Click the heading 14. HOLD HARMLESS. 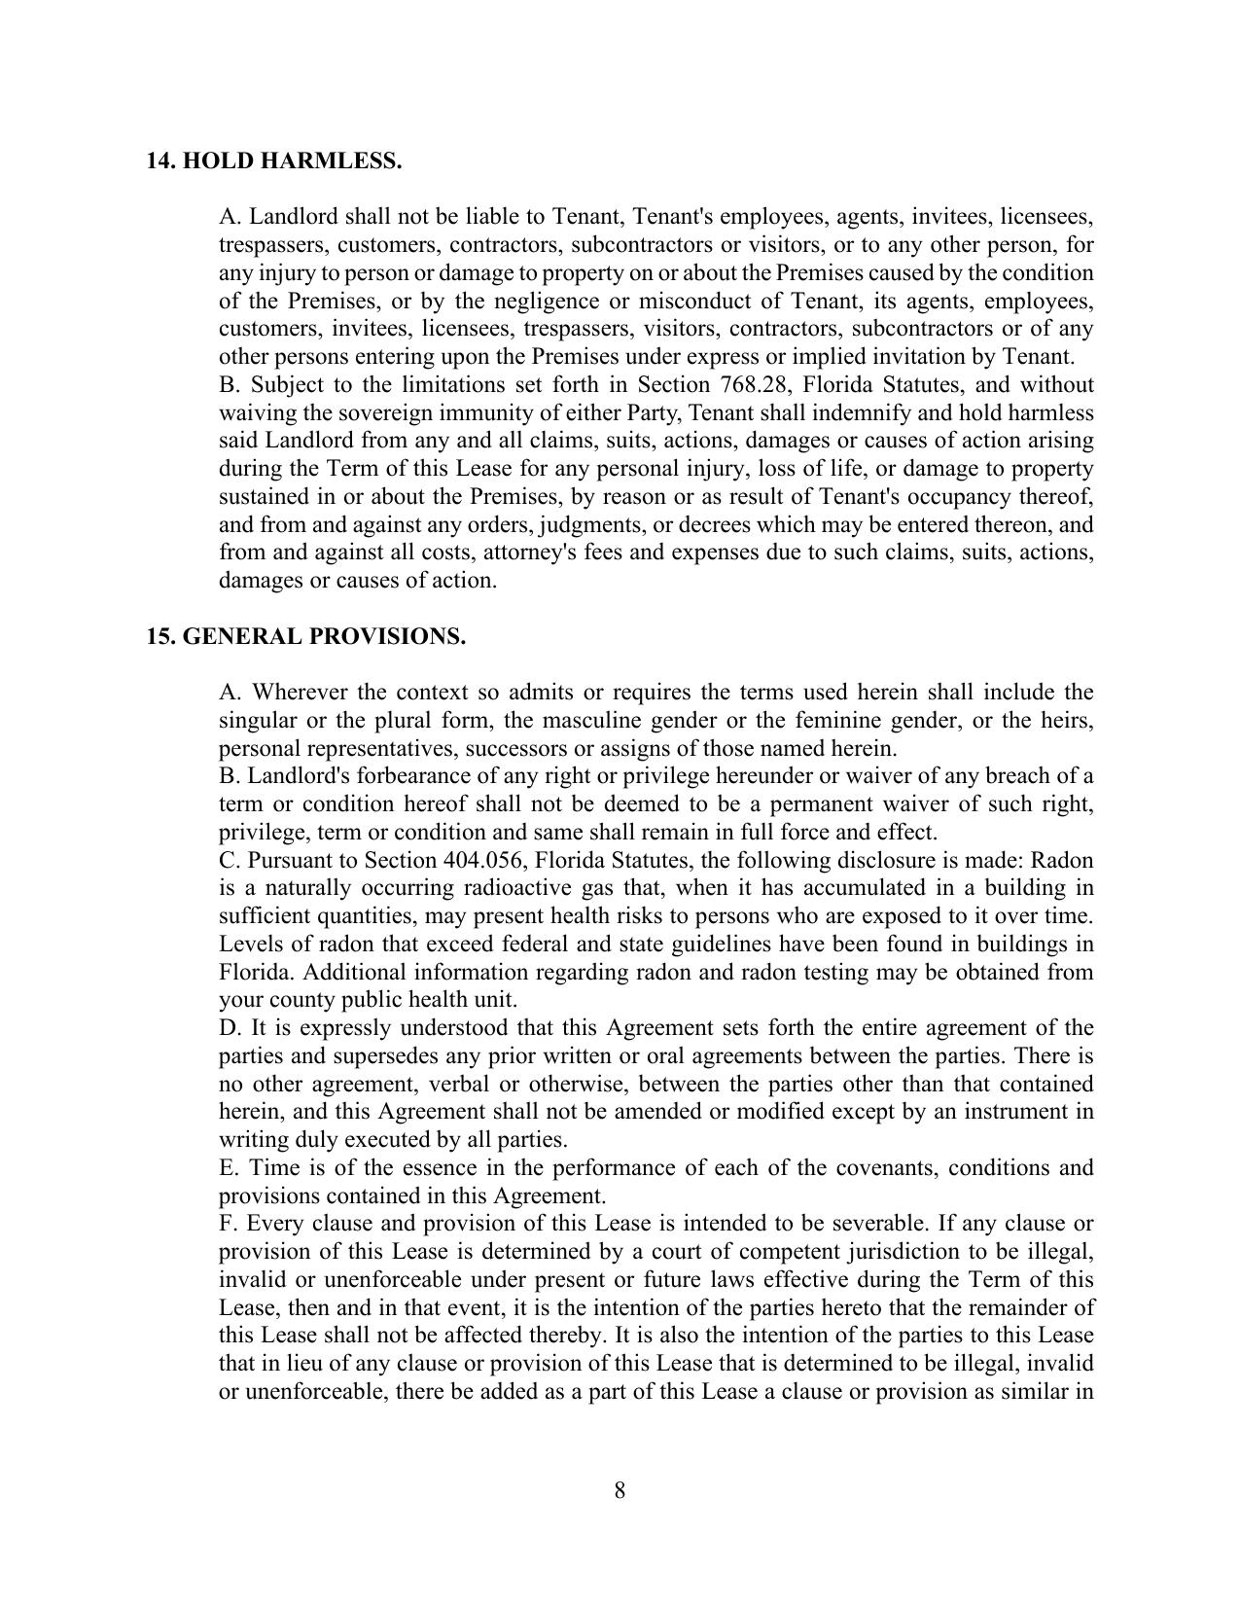273,161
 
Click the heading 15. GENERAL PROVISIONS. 305,637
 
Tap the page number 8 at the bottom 620,1490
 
